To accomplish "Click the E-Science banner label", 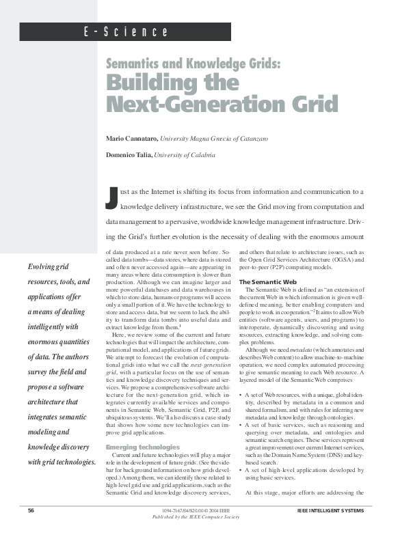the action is tap(126, 32).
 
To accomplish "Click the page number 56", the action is tap(31, 510).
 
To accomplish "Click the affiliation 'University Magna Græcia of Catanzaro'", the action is tap(213, 138).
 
